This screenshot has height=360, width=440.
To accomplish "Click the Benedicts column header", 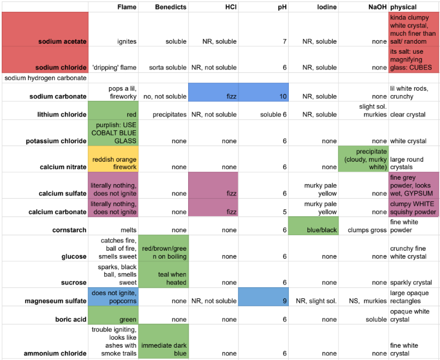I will click(171, 7).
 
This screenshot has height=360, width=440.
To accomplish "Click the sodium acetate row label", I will click(63, 41).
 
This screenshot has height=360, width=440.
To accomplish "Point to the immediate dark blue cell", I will click(163, 342).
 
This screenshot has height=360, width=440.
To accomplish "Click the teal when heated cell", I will click(163, 274).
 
